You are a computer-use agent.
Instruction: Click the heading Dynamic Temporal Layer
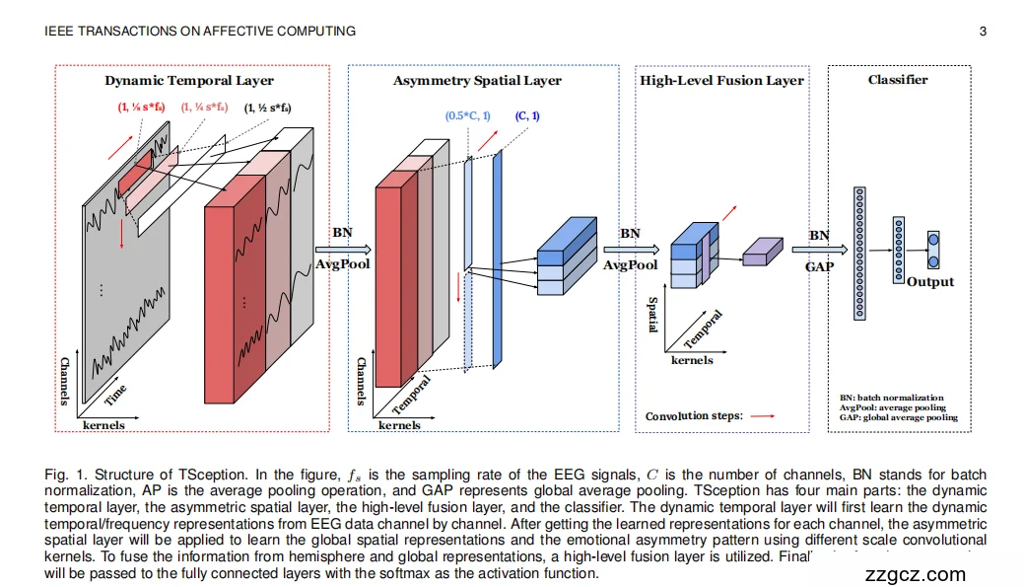[189, 80]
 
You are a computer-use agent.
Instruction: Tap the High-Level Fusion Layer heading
[721, 80]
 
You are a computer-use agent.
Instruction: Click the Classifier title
[897, 79]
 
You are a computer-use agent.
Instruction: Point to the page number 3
[983, 31]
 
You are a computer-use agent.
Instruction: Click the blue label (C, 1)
[527, 116]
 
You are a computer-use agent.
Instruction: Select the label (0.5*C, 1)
[467, 116]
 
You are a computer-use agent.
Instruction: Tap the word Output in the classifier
[930, 281]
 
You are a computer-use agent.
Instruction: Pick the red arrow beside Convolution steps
[763, 416]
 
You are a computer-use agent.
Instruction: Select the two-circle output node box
[933, 250]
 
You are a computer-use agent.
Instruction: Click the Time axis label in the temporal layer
[116, 396]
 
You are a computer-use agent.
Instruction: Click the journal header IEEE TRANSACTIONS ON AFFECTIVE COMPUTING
[201, 31]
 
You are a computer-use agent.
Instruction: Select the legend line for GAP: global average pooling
[898, 417]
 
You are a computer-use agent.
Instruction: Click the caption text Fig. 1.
[64, 476]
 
